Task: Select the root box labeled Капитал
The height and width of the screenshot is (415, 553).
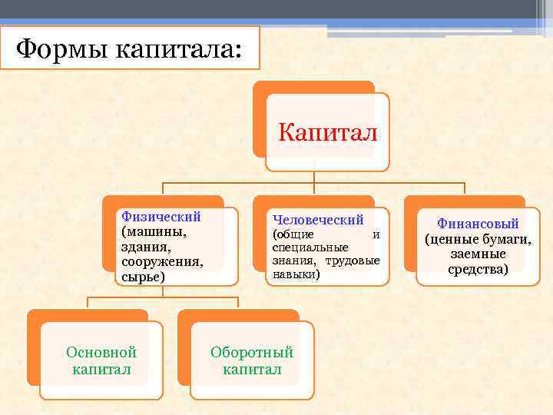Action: (x=327, y=132)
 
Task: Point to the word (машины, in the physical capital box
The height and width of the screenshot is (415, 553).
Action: (x=154, y=231)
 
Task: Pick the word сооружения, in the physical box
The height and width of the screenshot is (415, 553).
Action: (x=162, y=261)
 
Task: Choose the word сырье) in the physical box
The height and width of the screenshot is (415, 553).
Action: (x=143, y=276)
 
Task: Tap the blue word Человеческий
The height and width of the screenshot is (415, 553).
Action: (x=318, y=220)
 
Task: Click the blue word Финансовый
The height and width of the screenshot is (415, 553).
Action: (x=478, y=224)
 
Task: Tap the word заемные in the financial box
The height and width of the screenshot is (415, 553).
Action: (x=478, y=254)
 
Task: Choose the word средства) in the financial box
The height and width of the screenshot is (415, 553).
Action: (x=478, y=269)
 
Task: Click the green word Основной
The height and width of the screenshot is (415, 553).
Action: (x=101, y=353)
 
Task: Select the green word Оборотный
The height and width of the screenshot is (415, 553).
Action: (x=252, y=353)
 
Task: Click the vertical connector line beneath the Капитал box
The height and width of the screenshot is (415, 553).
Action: (x=314, y=177)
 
